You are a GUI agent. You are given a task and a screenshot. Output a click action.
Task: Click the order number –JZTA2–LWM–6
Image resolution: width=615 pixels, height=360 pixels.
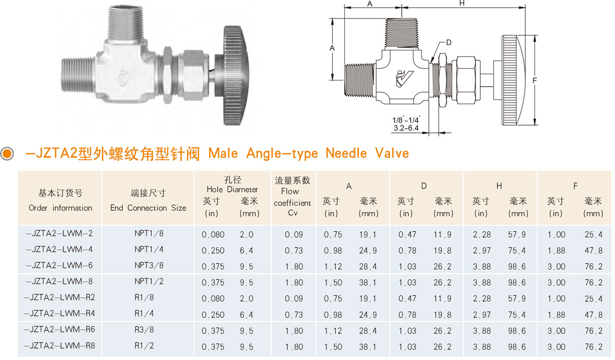point(59,266)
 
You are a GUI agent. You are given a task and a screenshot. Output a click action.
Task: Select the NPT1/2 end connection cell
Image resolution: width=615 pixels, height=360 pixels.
point(149,282)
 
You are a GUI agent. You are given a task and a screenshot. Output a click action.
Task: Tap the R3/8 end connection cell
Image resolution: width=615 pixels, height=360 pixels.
point(144,330)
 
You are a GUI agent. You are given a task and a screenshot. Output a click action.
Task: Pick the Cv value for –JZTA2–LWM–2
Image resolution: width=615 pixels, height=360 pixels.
point(294,234)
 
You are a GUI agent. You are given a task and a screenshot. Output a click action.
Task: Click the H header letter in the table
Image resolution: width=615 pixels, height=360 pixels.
point(499,186)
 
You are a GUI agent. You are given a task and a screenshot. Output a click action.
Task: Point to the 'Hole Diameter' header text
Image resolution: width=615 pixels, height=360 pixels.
point(232,189)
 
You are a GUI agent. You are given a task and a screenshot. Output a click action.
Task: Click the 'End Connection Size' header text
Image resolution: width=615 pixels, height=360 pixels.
point(148,208)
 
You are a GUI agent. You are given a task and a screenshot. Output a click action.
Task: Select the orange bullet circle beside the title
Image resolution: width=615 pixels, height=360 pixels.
point(7,153)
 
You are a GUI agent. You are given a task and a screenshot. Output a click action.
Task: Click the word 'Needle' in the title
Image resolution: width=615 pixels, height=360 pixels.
point(346,153)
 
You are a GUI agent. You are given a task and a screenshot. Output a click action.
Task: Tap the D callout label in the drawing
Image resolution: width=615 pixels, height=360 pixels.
point(448,43)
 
